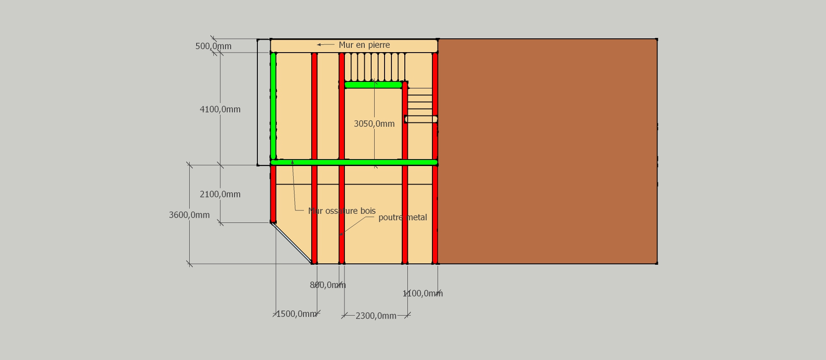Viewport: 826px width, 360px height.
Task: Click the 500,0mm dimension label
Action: [213, 46]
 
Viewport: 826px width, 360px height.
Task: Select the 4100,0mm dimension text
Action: [220, 110]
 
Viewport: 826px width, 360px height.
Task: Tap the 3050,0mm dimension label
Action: [374, 124]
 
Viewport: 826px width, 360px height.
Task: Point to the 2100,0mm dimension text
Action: [220, 194]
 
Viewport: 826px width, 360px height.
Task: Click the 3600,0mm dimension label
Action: [189, 215]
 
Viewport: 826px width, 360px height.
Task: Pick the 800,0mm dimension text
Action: [328, 285]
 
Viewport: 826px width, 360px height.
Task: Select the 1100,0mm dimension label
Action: [422, 294]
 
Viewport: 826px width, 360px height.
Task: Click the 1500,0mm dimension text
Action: [296, 314]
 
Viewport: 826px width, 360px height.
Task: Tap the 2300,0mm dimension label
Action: [376, 316]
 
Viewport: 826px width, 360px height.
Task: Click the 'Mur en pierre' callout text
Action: [364, 45]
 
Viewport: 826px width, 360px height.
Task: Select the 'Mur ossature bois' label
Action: [342, 211]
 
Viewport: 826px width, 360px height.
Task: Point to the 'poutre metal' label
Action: [403, 217]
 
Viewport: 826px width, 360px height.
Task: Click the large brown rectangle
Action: [548, 151]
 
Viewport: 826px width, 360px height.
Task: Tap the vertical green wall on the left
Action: [273, 106]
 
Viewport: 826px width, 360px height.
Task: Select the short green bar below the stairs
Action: [373, 85]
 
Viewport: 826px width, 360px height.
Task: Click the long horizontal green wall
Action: [354, 163]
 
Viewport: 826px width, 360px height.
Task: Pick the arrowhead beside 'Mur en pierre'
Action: [319, 44]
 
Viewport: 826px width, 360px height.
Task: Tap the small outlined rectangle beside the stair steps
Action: [421, 119]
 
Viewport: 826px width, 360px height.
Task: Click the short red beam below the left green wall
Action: [273, 194]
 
